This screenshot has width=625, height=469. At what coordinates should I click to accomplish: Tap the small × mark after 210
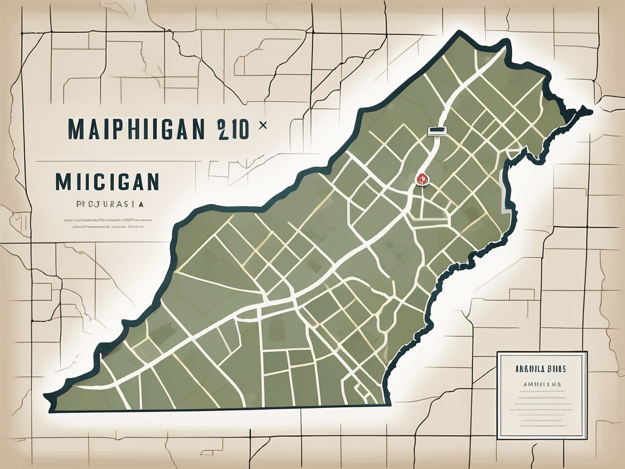(263, 125)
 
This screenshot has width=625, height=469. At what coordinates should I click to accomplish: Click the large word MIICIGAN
(106, 181)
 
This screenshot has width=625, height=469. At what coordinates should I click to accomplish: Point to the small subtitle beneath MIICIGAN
(102, 206)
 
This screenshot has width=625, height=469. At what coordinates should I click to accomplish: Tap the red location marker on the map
(421, 179)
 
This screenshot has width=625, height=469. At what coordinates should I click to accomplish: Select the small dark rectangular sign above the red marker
(437, 130)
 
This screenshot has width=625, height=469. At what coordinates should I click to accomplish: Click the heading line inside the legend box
(541, 369)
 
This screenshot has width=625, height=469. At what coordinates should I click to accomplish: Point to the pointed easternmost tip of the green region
(589, 111)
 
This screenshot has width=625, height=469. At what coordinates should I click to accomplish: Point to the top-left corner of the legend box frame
(497, 352)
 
